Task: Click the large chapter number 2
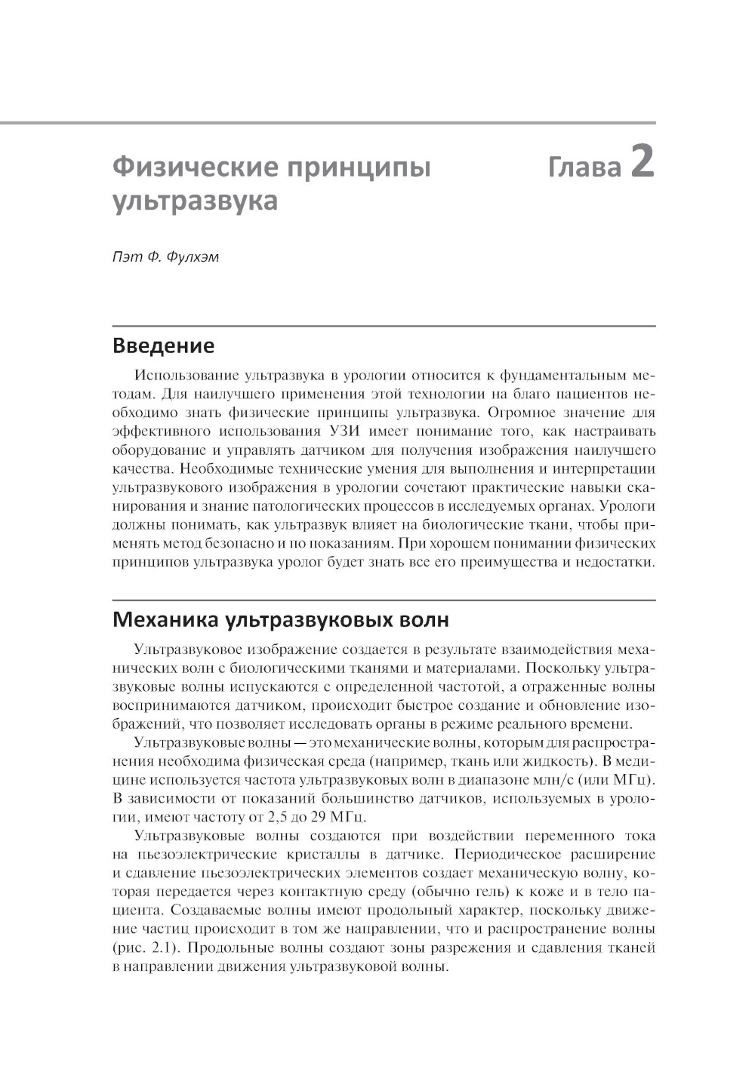tap(642, 162)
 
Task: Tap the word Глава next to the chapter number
tap(584, 166)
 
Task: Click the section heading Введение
tap(163, 346)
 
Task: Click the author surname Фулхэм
tap(192, 256)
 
